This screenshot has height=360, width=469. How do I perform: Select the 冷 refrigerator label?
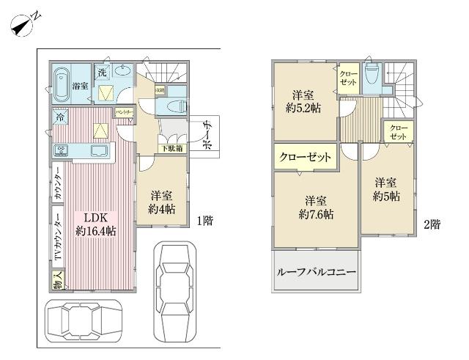pyautogui.click(x=56, y=117)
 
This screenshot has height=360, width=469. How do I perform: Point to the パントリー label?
pyautogui.click(x=124, y=111)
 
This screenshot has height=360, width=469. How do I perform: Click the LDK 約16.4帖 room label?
pyautogui.click(x=95, y=224)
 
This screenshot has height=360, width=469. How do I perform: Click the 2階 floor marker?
pyautogui.click(x=432, y=225)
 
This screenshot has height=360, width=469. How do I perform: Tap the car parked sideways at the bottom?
pyautogui.click(x=78, y=320)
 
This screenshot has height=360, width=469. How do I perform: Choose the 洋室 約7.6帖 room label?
pyautogui.click(x=316, y=207)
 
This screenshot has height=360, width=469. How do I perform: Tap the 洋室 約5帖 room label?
pyautogui.click(x=385, y=188)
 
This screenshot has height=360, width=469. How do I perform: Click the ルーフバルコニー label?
pyautogui.click(x=317, y=272)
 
